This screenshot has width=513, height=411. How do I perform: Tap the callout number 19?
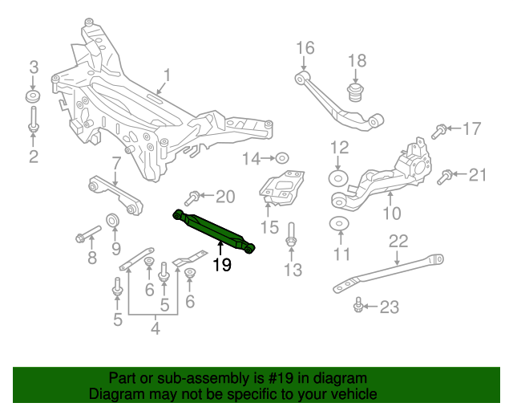click(221, 265)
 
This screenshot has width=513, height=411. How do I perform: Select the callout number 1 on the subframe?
click(168, 76)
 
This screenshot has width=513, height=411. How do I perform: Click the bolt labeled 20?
click(194, 197)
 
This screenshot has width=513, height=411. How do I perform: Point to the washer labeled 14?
click(283, 158)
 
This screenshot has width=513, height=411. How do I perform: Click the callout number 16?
click(305, 49)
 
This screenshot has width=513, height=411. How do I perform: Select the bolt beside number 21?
click(446, 176)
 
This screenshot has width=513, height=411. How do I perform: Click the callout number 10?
click(392, 214)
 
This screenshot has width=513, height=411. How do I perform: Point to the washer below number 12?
click(339, 177)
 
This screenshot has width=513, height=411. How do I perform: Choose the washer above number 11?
click(340, 224)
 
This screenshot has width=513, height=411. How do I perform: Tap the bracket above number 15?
click(282, 188)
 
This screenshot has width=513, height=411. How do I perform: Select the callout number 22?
click(398, 240)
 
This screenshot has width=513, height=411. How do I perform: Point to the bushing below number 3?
click(34, 98)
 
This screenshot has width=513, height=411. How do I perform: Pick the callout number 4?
click(156, 328)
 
